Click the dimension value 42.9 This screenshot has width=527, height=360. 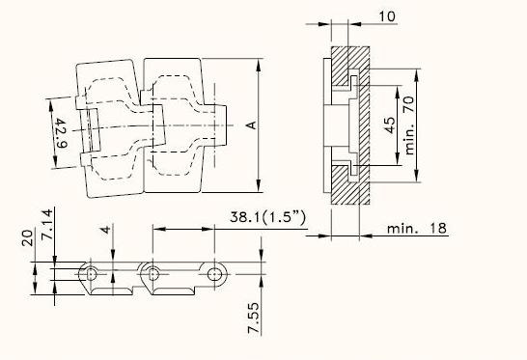pyautogui.click(x=62, y=133)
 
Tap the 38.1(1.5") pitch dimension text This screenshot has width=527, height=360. pyautogui.click(x=268, y=217)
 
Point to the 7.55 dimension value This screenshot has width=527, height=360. pyautogui.click(x=254, y=318)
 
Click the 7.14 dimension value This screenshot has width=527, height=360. pyautogui.click(x=46, y=224)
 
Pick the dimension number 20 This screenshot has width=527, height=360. pyautogui.click(x=28, y=238)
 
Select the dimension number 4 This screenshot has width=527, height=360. pyautogui.click(x=105, y=230)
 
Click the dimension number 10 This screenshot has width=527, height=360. pyautogui.click(x=387, y=16)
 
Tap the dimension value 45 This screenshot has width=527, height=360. pyautogui.click(x=389, y=125)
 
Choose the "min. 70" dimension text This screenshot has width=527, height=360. pyautogui.click(x=409, y=125)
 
